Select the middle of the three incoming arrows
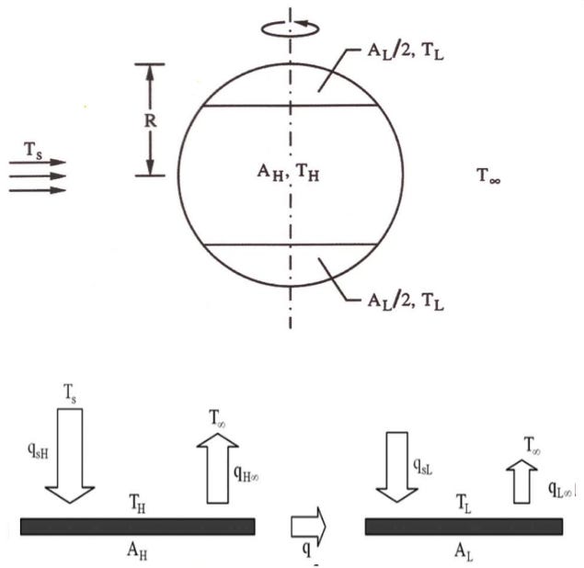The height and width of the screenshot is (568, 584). point(38,176)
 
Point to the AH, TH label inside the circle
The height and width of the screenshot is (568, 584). point(289,176)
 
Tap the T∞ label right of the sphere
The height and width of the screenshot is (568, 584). point(489,176)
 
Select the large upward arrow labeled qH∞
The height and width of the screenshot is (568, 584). point(217,468)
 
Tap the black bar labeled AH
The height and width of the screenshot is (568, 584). point(138,526)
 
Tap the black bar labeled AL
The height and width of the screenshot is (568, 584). point(464,526)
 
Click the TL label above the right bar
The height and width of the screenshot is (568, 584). point(463,505)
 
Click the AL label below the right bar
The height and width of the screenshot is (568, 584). point(464,546)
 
